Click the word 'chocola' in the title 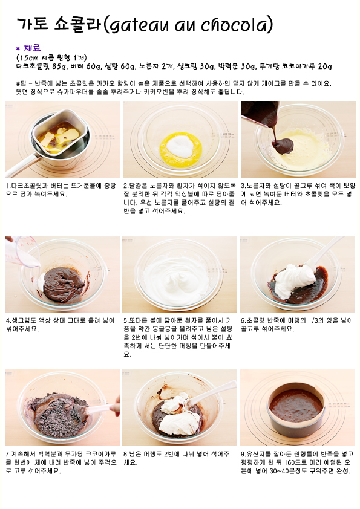(235, 25)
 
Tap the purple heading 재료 (32, 48)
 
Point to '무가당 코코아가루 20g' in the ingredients (295, 66)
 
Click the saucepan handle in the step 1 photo (21, 166)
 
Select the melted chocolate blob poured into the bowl (283, 146)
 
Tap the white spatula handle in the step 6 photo (325, 251)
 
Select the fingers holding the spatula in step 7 (115, 406)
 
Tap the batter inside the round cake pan (296, 406)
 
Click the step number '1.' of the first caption (8, 186)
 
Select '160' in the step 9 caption (289, 462)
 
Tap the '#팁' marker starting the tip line (21, 83)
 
